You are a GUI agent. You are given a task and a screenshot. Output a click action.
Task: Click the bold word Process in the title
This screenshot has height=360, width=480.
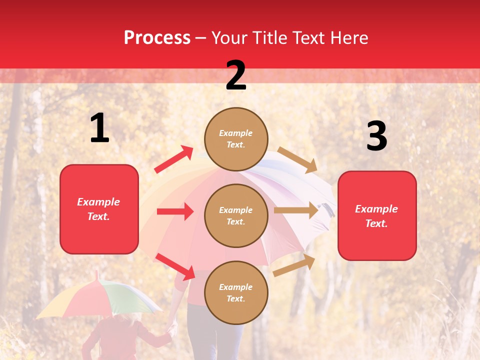(157, 38)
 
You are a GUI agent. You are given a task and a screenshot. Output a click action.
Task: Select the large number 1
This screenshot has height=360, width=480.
(99, 128)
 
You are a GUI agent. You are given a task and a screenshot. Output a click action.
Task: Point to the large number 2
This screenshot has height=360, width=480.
(236, 75)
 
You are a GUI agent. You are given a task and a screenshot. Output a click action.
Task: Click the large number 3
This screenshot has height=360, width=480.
(376, 136)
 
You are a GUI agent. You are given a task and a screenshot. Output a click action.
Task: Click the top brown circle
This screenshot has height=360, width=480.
(236, 139)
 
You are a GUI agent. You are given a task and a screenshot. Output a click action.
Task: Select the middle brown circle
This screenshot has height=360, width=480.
(236, 216)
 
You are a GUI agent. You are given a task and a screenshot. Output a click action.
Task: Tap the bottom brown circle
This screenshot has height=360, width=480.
(236, 293)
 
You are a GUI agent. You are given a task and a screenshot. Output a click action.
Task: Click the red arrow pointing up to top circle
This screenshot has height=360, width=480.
(173, 159)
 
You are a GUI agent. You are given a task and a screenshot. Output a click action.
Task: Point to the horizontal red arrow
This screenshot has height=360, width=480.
(175, 211)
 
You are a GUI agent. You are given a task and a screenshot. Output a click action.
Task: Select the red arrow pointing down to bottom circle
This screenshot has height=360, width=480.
(175, 266)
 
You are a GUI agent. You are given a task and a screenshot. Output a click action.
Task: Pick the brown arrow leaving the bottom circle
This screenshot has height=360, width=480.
(294, 265)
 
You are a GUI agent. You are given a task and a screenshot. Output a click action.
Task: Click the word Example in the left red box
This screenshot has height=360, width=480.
(98, 202)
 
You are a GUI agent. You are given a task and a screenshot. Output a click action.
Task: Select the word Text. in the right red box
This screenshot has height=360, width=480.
(376, 223)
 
